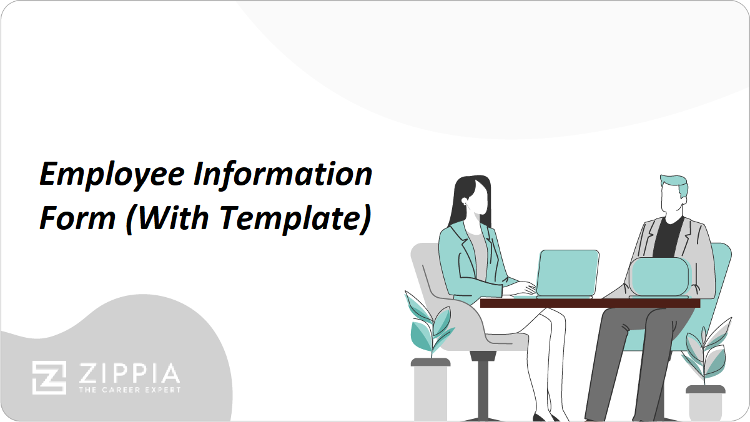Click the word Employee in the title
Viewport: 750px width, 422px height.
(112, 175)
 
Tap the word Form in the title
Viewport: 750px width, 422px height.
(77, 218)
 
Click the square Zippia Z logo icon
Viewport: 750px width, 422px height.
(49, 378)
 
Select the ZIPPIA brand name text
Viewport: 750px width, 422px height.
(129, 373)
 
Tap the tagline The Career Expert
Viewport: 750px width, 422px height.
(130, 390)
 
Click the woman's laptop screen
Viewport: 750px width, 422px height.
(568, 273)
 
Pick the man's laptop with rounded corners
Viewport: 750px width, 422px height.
(659, 277)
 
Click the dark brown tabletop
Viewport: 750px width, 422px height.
(590, 303)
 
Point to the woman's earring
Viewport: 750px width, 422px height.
(465, 202)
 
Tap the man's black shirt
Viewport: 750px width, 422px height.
(668, 238)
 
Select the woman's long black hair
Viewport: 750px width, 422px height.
(470, 200)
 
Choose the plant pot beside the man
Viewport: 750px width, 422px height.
(706, 403)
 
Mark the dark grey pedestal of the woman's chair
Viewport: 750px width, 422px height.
(482, 385)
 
